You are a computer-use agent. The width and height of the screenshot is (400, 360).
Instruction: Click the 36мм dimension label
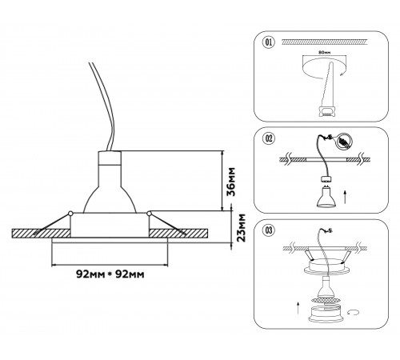coord(231,182)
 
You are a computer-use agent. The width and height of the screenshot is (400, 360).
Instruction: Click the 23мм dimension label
coord(242,227)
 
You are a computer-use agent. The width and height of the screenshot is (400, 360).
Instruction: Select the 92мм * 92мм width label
coord(110,274)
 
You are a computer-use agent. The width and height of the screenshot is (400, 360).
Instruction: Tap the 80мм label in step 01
coord(325,53)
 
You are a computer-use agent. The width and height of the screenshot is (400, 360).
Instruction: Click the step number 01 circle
coord(269,42)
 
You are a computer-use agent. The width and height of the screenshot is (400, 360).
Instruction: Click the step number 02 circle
coord(269,138)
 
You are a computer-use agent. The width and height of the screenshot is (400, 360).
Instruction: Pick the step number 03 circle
coord(269,230)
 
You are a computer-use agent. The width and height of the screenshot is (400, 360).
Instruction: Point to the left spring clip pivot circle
coord(70,214)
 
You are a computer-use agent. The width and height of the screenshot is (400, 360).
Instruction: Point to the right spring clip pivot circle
coord(149,214)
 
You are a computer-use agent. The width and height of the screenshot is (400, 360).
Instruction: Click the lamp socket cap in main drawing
coord(110,158)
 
